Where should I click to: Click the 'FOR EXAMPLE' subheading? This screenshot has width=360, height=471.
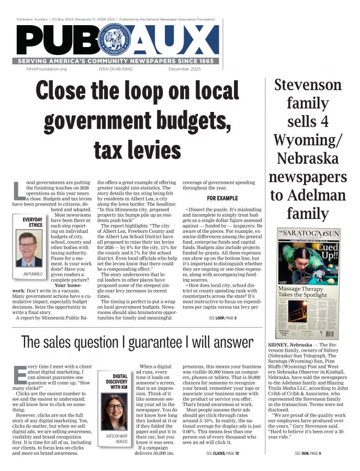(222, 199)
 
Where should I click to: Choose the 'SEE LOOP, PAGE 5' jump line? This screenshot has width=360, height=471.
(222, 318)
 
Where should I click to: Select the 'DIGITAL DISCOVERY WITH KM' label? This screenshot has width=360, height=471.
(117, 384)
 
